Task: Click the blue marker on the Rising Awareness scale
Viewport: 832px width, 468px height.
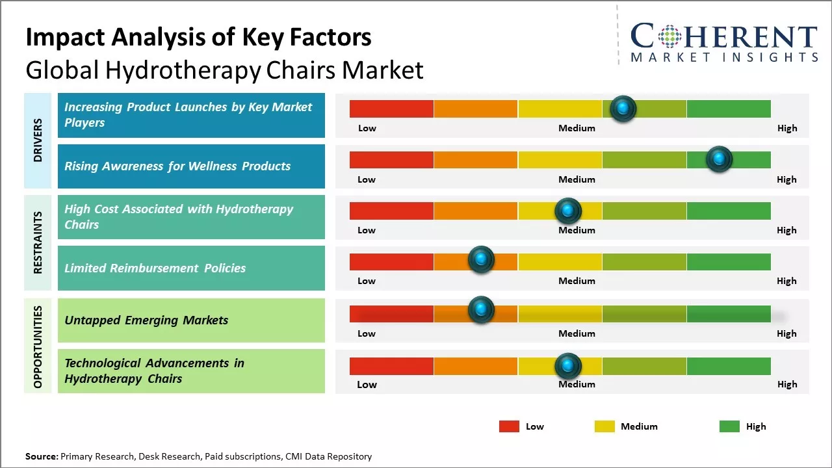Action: click(719, 159)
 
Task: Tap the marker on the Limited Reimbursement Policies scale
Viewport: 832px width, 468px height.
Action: click(481, 260)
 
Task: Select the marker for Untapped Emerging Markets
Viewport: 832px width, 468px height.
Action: click(481, 310)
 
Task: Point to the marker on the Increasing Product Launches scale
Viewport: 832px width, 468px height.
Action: click(623, 109)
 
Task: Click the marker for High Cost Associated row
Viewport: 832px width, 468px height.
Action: click(567, 211)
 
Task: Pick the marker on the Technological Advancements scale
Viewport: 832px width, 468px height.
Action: click(567, 366)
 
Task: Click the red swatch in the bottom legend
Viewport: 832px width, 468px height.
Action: click(509, 426)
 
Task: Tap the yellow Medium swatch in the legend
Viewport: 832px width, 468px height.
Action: click(604, 426)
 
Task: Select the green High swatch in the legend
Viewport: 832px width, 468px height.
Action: click(729, 426)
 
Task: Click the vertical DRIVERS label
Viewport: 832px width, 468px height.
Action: click(38, 140)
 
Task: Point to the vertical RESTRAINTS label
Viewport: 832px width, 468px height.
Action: click(38, 242)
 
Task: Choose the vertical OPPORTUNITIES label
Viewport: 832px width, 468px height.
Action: click(38, 346)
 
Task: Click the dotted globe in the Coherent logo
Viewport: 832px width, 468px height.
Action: click(670, 36)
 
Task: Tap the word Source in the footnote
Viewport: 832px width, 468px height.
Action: click(41, 456)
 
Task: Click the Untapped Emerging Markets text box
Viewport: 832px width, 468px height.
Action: click(191, 320)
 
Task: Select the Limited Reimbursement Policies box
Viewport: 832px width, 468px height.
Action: click(191, 268)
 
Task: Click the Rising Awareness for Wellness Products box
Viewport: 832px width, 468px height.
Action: click(191, 166)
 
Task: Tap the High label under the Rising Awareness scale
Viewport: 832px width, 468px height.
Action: click(786, 179)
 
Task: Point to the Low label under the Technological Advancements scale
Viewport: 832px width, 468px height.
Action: click(367, 384)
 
